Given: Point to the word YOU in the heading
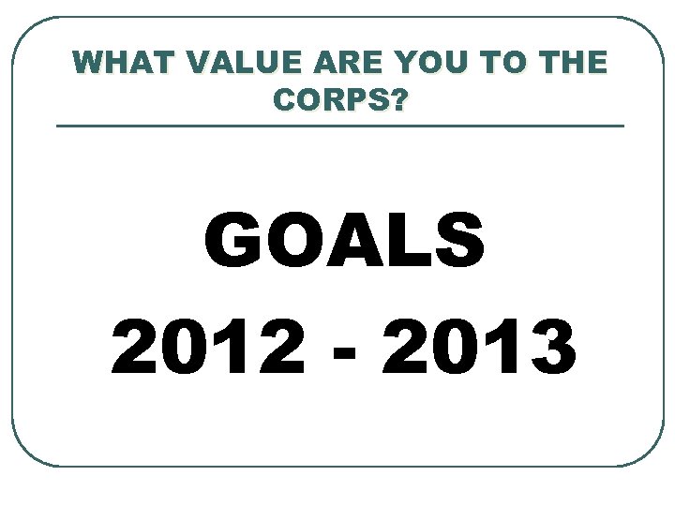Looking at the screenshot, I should (x=415, y=63).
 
